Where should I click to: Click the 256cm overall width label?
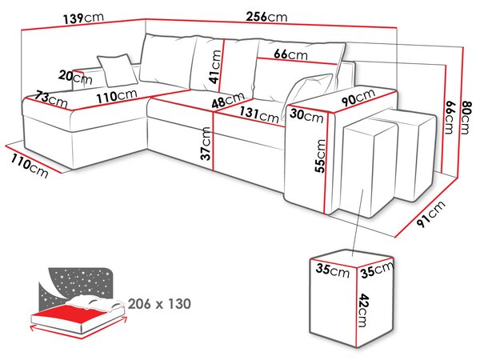point(266,17)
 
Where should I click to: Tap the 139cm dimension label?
point(83,18)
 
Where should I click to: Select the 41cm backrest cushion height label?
point(215,66)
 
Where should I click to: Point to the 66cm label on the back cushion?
point(290,54)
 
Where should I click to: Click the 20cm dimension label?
point(75,78)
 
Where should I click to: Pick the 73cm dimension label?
point(51,99)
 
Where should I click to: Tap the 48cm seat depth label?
point(228,100)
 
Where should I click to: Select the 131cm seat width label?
point(259,114)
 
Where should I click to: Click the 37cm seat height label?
point(206,143)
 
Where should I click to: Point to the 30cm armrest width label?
point(306,116)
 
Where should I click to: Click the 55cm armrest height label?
point(320,156)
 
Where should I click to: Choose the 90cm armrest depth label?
point(358,97)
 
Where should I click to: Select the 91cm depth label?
point(431,214)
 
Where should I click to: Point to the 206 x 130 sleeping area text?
point(159,304)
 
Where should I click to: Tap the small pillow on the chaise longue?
point(118,70)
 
